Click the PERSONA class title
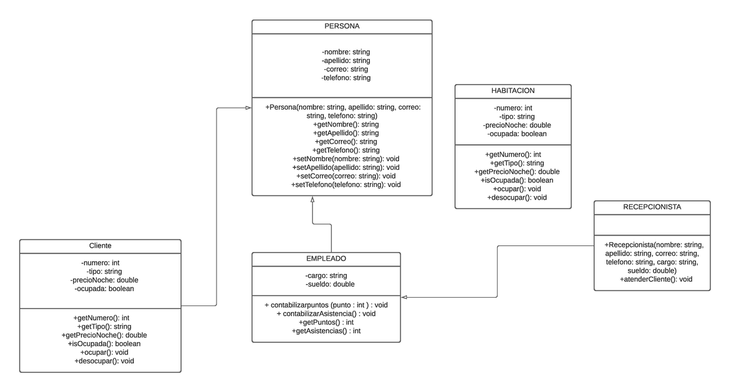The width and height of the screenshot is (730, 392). coord(342,27)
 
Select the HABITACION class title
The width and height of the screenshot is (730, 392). coord(513,91)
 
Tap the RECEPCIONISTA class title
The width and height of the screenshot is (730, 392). coord(652,207)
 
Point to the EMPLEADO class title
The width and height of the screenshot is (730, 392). coord(326,259)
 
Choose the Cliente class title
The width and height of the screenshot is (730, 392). coord(100,245)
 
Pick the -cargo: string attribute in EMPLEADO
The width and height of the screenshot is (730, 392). coord(326,276)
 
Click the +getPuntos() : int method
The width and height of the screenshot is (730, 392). coord(326,322)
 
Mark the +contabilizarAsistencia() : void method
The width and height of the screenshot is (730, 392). coord(326,313)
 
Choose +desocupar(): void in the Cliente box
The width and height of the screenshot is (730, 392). coord(104,361)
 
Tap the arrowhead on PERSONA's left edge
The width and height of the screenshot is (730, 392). coord(248,108)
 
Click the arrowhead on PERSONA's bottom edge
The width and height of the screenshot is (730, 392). coord(312,200)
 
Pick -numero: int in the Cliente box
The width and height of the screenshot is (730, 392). coord(100,263)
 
